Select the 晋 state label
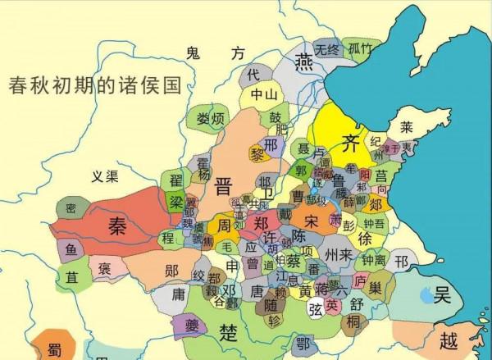[223, 185]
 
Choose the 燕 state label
[304, 62]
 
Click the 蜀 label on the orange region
[54, 349]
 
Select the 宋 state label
[310, 221]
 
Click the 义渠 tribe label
[106, 175]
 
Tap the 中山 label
[263, 94]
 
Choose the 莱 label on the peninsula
[406, 128]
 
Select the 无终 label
[327, 49]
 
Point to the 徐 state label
[366, 237]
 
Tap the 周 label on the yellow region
[223, 224]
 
